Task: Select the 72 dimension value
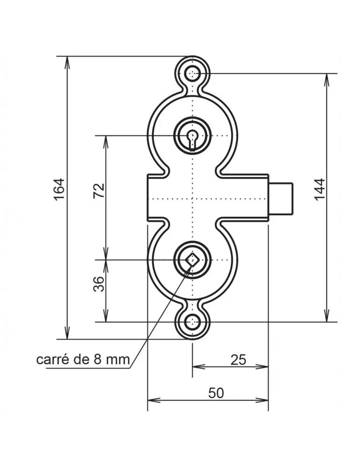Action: (x=99, y=191)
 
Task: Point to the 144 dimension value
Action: (x=319, y=189)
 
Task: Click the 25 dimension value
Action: (x=238, y=360)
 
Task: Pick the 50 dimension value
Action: (x=216, y=393)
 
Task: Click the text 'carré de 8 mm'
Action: (x=83, y=360)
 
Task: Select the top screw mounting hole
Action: (x=193, y=73)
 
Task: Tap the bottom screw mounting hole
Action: (x=192, y=322)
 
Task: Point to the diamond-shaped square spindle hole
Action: (x=192, y=260)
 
